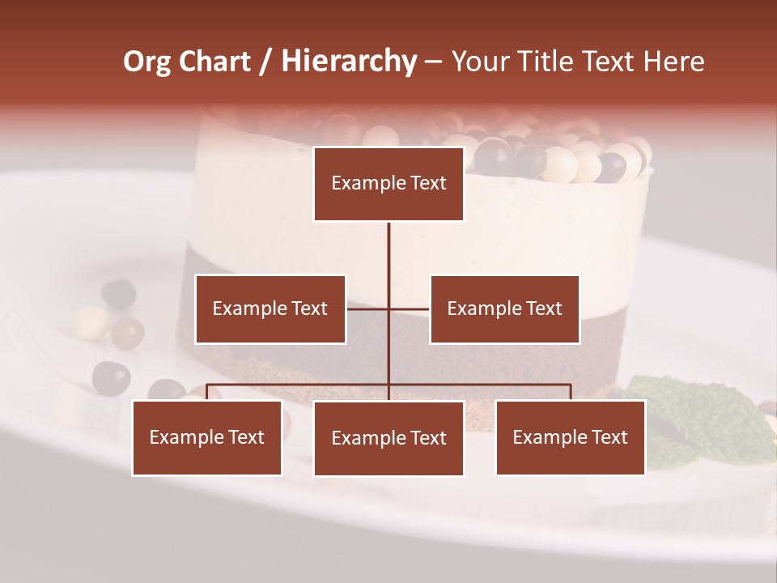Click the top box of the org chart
coord(388,184)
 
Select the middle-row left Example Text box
coord(270,309)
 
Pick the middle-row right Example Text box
coord(504,309)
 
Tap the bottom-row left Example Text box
coord(207,437)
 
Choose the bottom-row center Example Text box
coord(388,438)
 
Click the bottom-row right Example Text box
coord(571,437)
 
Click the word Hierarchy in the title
coord(349,61)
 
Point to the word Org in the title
coord(146,61)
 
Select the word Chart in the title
coord(214,61)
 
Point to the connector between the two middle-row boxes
coord(388,309)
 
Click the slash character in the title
coord(265,61)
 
